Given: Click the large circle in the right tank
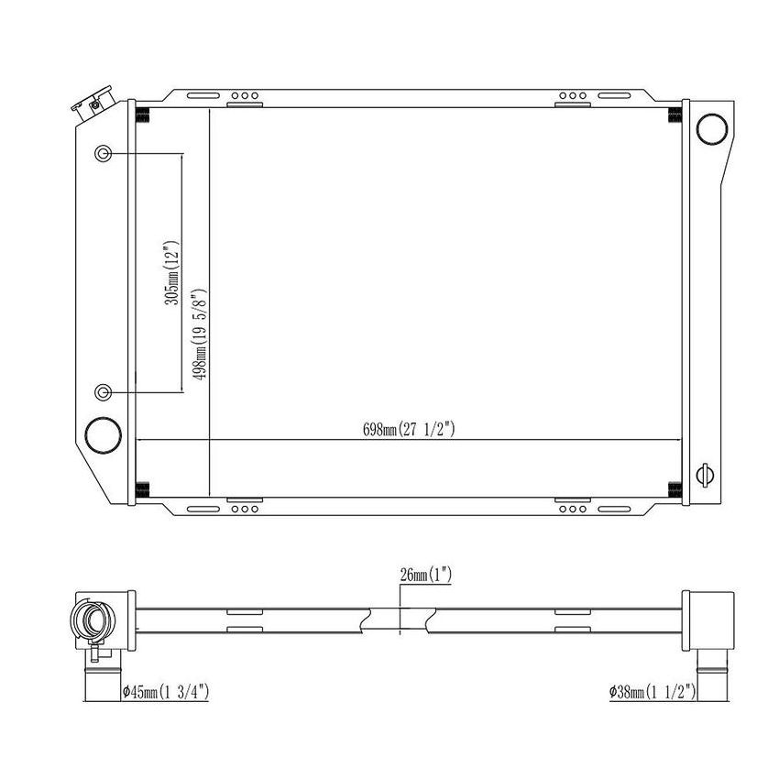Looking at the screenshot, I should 711,129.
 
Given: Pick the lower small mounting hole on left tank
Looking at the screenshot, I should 104,393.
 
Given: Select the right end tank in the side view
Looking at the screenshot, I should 710,620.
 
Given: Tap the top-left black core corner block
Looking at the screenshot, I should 142,115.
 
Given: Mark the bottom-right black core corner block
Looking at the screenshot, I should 675,488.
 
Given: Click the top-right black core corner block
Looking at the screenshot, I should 675,115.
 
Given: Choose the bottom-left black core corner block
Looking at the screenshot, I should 142,488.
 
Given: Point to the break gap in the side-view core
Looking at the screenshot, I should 401,620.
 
